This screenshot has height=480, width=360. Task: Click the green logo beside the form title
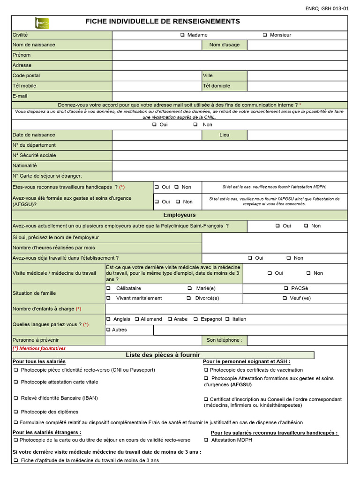coord(42,22)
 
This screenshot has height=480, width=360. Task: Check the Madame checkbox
coord(182,35)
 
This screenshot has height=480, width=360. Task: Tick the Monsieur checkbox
coord(265,35)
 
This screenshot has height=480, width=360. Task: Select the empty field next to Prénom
coord(230,55)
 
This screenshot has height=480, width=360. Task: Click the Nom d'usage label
coord(224,45)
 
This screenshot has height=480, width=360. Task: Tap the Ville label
coord(208,75)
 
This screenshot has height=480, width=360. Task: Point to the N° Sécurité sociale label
coord(34,155)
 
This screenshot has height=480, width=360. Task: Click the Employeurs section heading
coord(180,215)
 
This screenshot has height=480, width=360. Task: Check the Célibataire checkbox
coord(109,288)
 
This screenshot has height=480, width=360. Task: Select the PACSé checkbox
coord(286,288)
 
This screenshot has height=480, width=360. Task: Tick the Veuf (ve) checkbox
coord(285,298)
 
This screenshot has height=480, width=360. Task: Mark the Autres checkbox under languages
coord(109,330)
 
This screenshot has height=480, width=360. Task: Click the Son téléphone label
coord(224,340)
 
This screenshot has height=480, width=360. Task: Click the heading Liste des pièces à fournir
coord(163,355)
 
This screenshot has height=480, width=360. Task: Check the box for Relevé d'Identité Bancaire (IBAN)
coord(15,398)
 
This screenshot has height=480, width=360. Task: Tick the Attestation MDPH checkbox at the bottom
coord(206,440)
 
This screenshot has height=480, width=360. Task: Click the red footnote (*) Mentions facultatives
coord(39,348)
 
